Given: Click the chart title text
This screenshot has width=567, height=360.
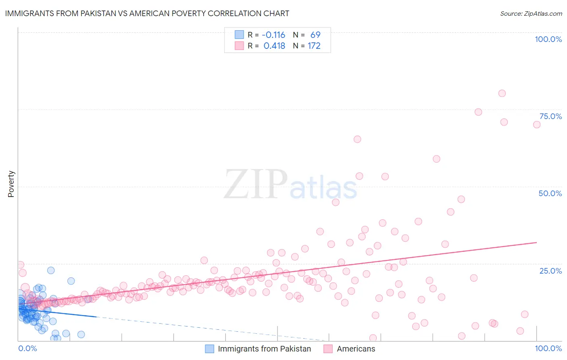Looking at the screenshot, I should click(x=147, y=13).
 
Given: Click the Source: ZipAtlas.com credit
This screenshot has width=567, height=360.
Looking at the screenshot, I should click(x=531, y=14).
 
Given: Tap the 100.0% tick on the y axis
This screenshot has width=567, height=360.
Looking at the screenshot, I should click(x=548, y=39).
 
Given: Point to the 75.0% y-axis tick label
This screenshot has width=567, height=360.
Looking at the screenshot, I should click(x=550, y=116).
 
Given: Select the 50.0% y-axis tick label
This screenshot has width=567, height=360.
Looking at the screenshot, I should click(x=550, y=193).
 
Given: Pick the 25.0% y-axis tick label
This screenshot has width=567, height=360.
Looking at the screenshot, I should click(x=550, y=271).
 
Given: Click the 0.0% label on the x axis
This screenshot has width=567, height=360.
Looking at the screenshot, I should click(x=27, y=348).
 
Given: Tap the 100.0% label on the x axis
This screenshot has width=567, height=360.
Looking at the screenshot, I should click(x=548, y=348).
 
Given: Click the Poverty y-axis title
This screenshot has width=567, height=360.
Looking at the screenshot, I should click(x=11, y=184).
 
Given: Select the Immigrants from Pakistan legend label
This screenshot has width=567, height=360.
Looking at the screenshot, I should click(x=264, y=349).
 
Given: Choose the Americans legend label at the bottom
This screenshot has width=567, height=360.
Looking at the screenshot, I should click(x=356, y=349).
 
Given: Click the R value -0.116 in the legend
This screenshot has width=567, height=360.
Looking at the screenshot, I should click(x=274, y=35).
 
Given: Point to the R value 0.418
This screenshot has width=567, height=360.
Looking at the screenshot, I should click(x=274, y=46).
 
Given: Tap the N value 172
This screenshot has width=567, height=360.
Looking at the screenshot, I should click(x=314, y=46).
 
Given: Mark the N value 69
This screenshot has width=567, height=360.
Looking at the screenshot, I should click(x=315, y=35).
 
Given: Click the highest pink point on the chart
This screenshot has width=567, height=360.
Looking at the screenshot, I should click(x=502, y=93).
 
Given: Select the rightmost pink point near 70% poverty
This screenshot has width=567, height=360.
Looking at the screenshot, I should click(x=537, y=125).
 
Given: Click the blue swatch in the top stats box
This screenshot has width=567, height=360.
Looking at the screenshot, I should click(x=239, y=35).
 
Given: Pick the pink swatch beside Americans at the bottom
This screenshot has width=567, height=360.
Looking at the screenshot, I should click(x=328, y=349).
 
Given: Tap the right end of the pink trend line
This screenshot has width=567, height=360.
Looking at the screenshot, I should click(x=537, y=242).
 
